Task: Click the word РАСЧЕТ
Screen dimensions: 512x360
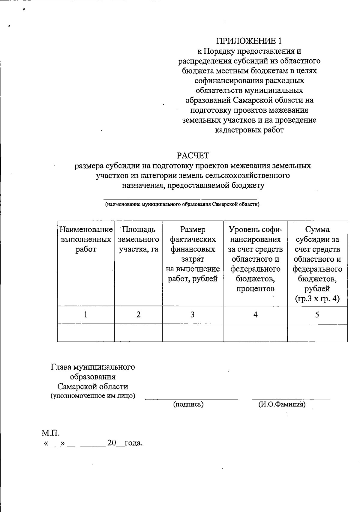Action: pyautogui.click(x=193, y=156)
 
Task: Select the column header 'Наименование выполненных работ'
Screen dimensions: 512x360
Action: pyautogui.click(x=86, y=240)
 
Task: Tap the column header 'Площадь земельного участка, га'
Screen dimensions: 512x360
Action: pyautogui.click(x=138, y=240)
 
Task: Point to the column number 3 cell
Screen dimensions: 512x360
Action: pyautogui.click(x=193, y=314)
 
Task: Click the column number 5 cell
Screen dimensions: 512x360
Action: pyautogui.click(x=317, y=314)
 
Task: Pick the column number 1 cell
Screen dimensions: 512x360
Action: pyautogui.click(x=86, y=314)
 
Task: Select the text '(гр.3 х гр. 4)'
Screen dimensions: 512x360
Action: pyautogui.click(x=317, y=299)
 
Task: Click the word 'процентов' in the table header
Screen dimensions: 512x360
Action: pyautogui.click(x=255, y=289)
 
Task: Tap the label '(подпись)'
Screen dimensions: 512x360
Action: pyautogui.click(x=188, y=404)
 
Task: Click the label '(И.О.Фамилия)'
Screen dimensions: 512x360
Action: pyautogui.click(x=282, y=404)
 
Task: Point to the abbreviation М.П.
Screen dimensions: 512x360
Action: pyautogui.click(x=50, y=433)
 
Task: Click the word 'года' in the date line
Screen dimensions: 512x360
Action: pyautogui.click(x=133, y=443)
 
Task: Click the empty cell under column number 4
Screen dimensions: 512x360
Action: pyautogui.click(x=255, y=333)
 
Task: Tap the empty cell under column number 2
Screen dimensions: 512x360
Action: pyautogui.click(x=138, y=333)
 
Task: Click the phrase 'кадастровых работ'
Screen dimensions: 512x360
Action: pyautogui.click(x=249, y=130)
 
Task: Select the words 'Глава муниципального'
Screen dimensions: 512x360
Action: pyautogui.click(x=93, y=367)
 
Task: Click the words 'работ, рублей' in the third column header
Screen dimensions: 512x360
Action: pyautogui.click(x=193, y=279)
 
